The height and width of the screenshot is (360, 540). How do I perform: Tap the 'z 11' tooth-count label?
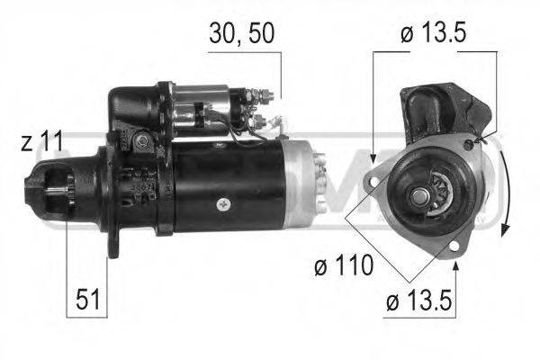tap(40, 142)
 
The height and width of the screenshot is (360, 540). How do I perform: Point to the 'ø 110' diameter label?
tap(339, 266)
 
